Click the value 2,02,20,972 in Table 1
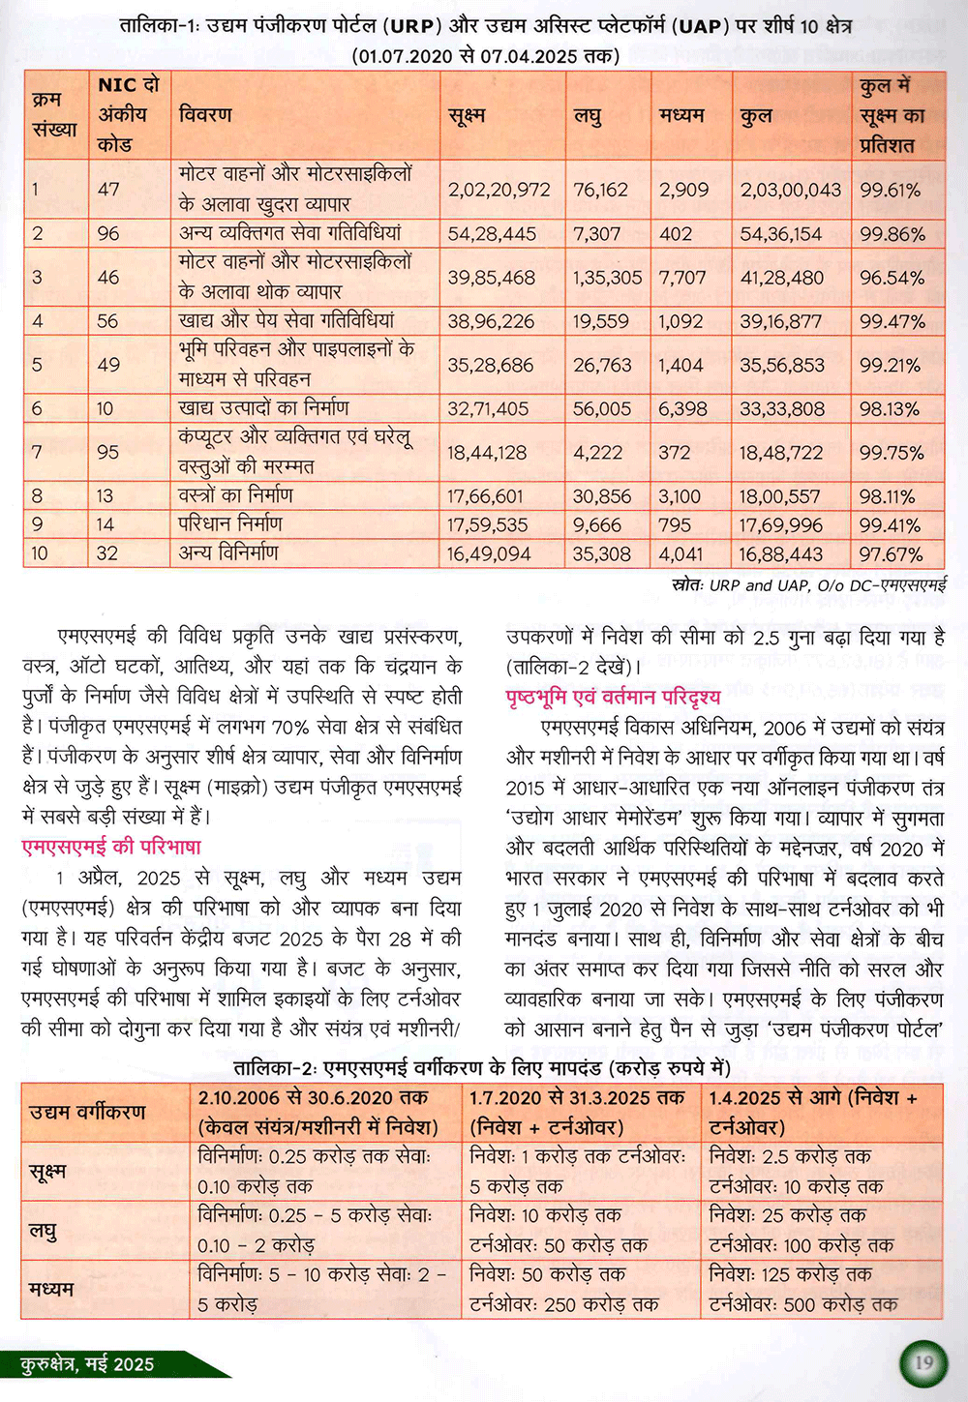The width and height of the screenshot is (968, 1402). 499,191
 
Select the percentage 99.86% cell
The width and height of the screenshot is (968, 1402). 892,234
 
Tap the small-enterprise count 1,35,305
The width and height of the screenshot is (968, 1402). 607,278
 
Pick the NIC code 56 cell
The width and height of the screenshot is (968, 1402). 107,321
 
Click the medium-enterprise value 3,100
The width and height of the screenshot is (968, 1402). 680,496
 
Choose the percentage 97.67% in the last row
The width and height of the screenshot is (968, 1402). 891,554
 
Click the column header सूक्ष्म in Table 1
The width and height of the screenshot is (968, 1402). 467,116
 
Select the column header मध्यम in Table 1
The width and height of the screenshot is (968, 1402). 681,116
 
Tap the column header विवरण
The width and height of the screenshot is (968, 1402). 205,115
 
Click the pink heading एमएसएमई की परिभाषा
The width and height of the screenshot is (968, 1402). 111,848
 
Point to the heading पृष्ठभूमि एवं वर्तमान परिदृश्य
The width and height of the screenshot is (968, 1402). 613,697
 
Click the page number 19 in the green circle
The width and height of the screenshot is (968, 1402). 924,1363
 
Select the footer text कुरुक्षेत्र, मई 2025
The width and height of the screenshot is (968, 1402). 87,1364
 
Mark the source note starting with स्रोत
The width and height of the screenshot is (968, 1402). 808,584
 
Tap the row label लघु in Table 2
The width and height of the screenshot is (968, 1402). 43,1231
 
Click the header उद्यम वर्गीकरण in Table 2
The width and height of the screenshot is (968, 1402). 87,1112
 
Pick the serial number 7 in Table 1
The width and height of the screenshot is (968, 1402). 37,453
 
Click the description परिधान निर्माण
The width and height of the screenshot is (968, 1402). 230,524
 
